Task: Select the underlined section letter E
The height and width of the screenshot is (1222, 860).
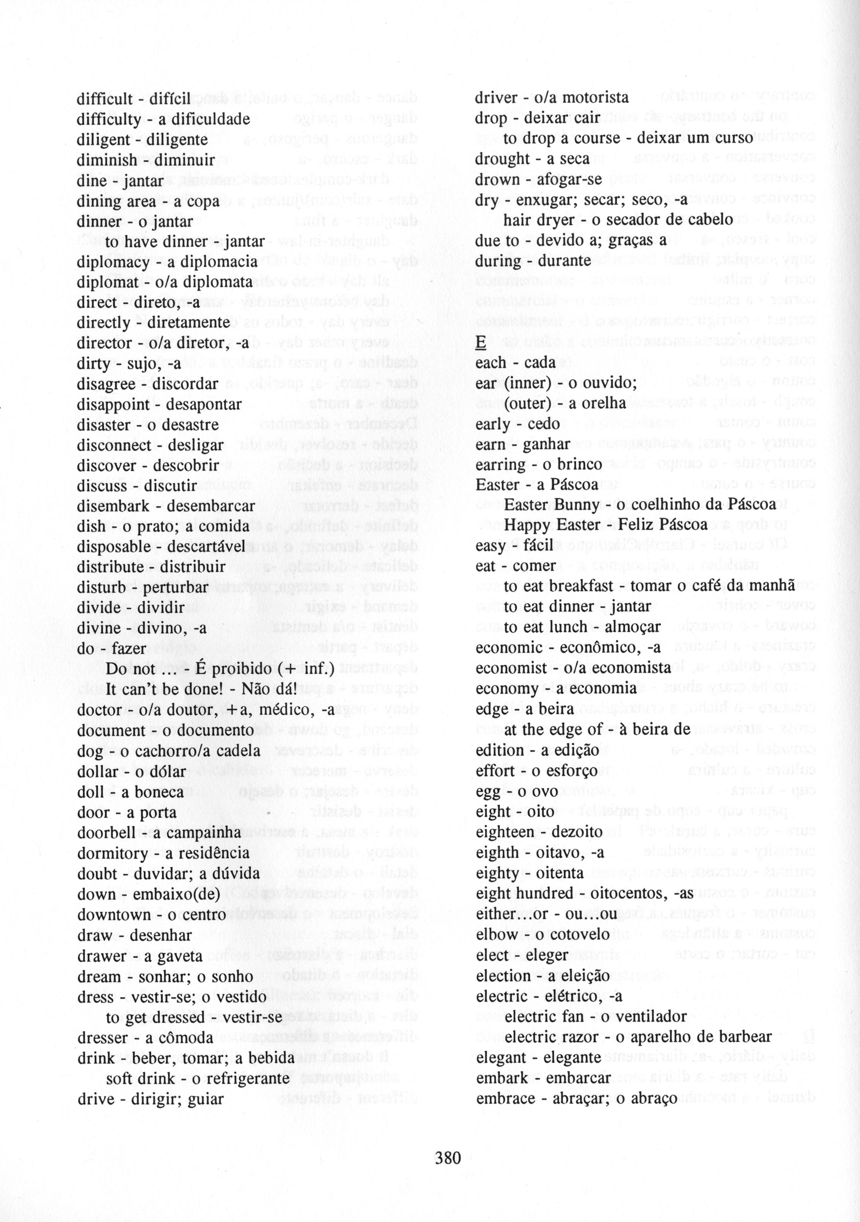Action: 481,343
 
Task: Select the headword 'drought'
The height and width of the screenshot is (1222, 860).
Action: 498,159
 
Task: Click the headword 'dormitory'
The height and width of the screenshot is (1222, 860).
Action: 113,853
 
